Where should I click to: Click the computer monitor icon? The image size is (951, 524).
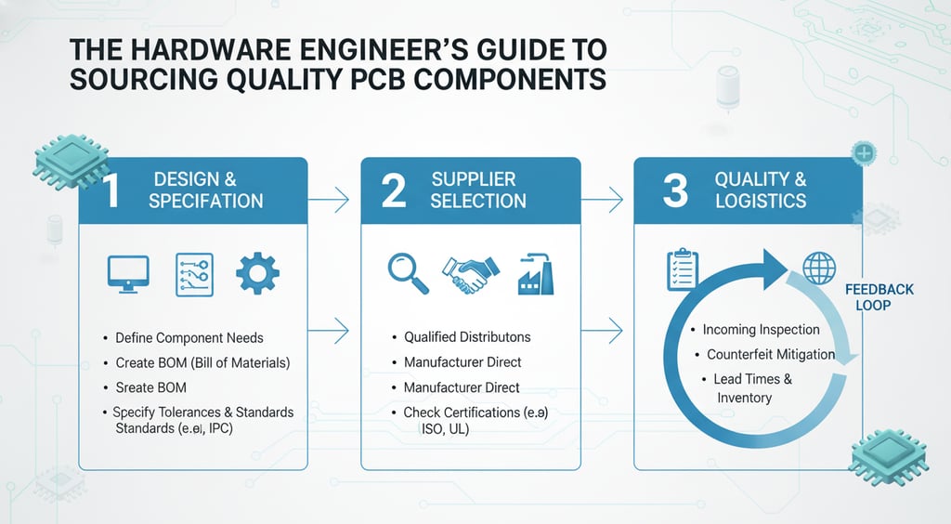coord(128,273)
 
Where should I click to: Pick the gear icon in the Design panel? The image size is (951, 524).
coord(257,273)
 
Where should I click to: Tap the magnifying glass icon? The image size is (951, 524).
coord(408,273)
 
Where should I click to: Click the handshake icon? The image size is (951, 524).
coord(470,273)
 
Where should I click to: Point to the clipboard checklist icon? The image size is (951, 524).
coord(683,269)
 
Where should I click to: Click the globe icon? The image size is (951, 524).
coord(819,269)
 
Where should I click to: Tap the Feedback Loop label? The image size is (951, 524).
coord(879,296)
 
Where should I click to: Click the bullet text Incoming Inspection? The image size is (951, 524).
coord(761,330)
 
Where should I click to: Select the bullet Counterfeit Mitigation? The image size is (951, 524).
coord(770,355)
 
